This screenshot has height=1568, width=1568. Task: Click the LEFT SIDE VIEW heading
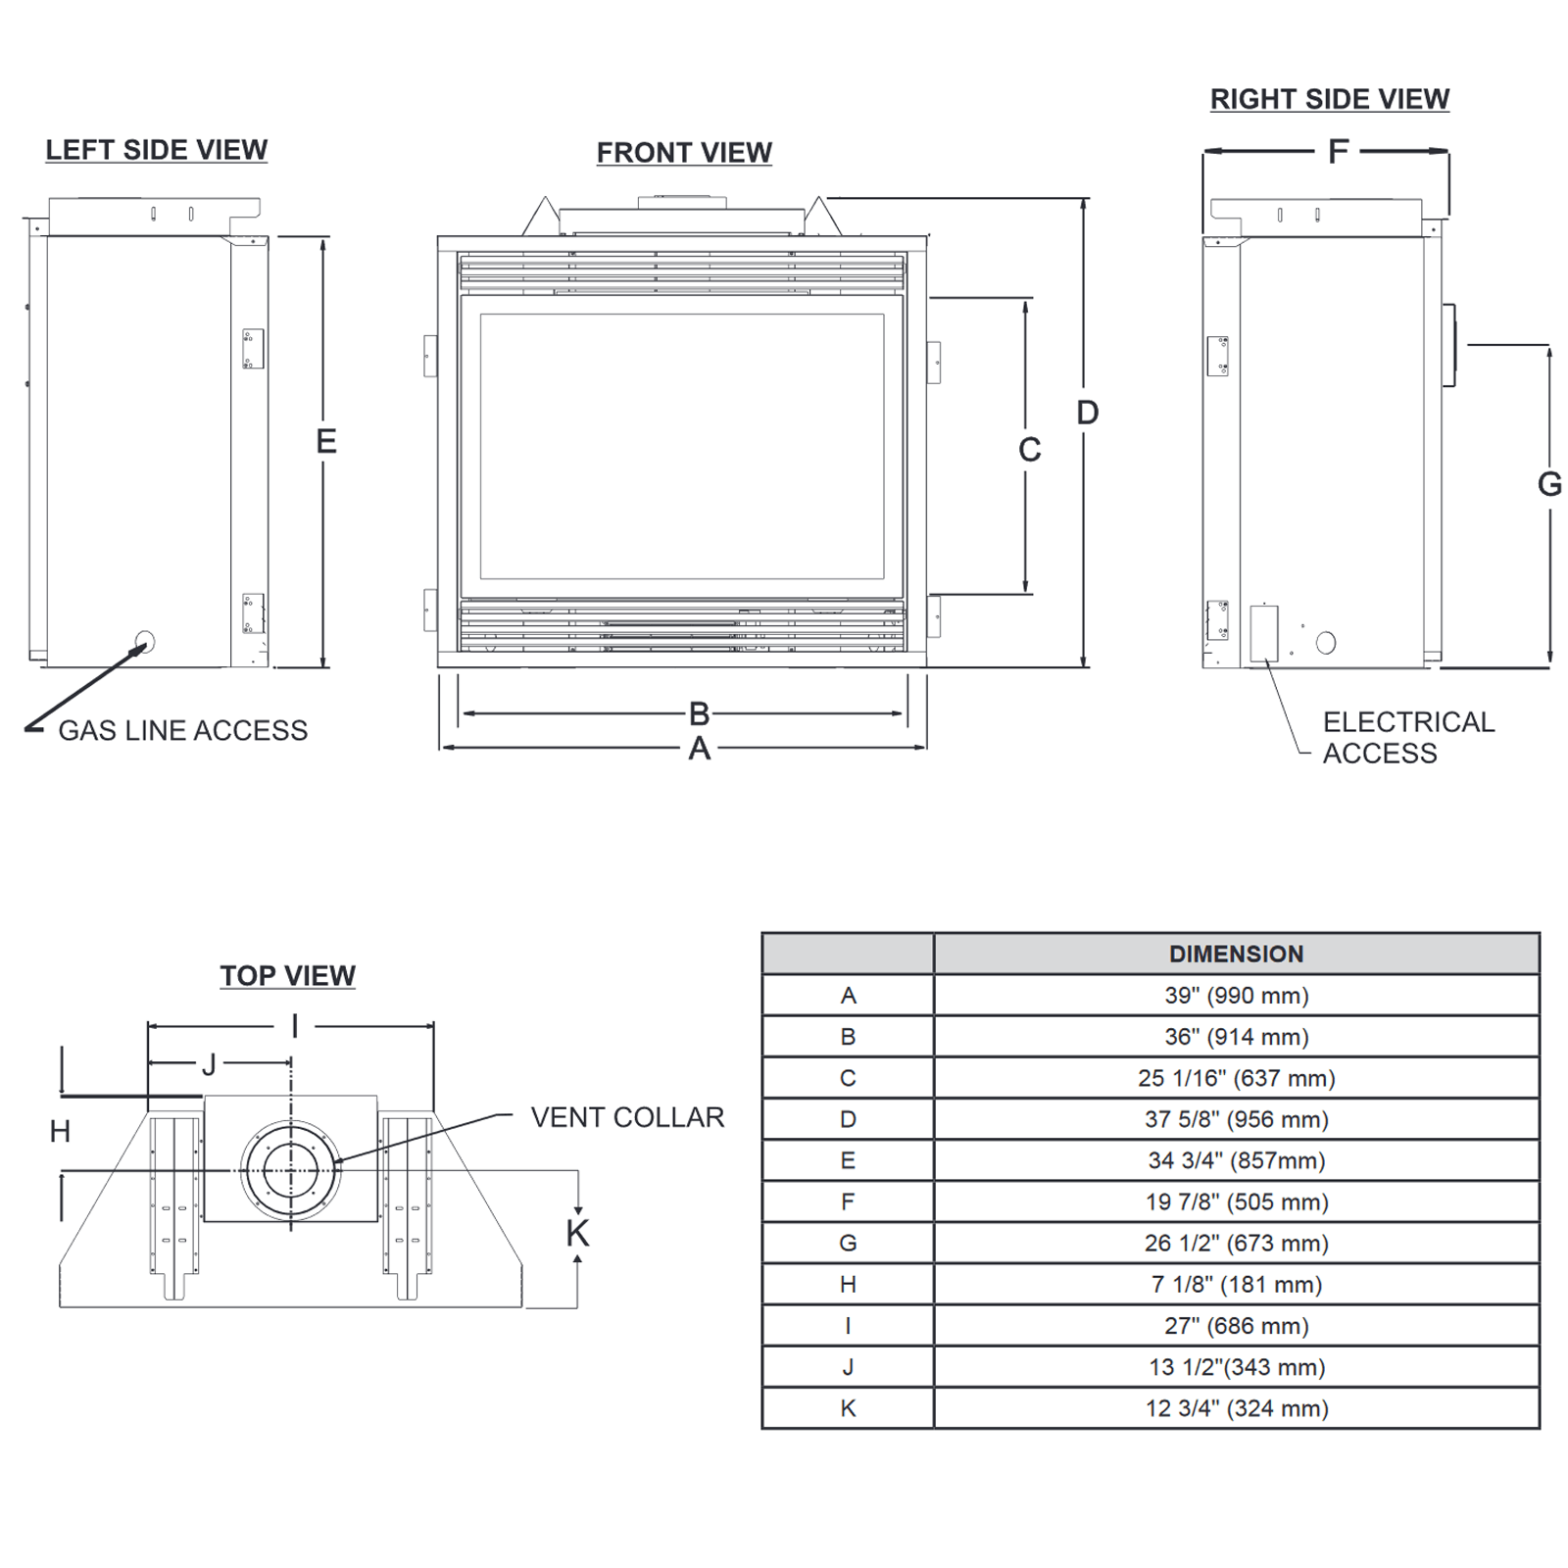[156, 150]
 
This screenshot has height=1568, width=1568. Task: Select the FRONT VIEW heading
[684, 153]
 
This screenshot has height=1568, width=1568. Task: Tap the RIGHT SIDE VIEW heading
[1329, 99]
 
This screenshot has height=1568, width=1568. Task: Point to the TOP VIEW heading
[287, 976]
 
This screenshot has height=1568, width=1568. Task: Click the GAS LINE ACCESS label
[182, 731]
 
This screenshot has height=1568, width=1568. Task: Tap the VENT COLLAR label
[627, 1117]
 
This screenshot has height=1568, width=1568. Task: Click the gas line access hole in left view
[145, 643]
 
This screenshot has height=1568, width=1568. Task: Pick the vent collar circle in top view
[290, 1170]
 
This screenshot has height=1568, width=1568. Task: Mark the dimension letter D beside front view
[1088, 413]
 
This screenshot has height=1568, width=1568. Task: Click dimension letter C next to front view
[1029, 450]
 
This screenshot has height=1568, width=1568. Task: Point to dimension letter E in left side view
[326, 442]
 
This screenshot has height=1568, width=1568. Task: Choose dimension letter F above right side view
[1338, 152]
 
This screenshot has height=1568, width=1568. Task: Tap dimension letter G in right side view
[1549, 484]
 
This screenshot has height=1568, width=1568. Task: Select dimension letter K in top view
[578, 1234]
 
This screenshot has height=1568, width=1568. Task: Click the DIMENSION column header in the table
[1236, 955]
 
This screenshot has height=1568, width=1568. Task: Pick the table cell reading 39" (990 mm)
[1236, 996]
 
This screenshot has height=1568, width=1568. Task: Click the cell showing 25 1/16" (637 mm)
[1236, 1078]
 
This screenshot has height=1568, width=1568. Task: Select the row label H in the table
[848, 1285]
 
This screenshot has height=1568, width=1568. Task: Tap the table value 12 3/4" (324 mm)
[1236, 1408]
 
